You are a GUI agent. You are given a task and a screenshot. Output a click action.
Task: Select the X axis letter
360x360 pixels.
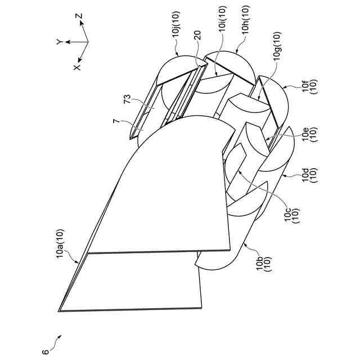[x=76, y=66]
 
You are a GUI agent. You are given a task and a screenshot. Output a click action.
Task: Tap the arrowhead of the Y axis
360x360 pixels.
[x=67, y=42]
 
